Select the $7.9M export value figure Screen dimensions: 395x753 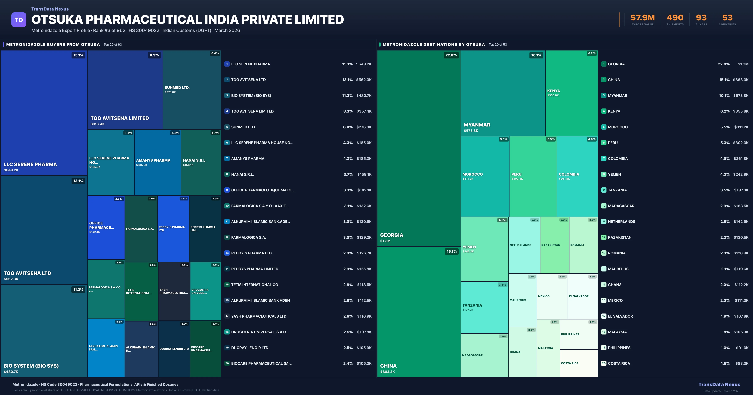643,18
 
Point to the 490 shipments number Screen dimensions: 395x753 675,18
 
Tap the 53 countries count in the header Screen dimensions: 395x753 727,18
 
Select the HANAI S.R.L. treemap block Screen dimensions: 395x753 201,162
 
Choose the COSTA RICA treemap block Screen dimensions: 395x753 579,363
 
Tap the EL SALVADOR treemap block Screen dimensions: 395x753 582,296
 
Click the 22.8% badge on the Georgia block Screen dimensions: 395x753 451,55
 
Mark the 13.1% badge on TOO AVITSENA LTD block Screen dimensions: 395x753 78,181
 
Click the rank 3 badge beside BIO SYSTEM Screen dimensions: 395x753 227,95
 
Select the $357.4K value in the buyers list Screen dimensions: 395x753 364,111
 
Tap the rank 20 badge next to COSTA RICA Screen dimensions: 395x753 604,363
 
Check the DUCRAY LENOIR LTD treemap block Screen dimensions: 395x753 174,349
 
